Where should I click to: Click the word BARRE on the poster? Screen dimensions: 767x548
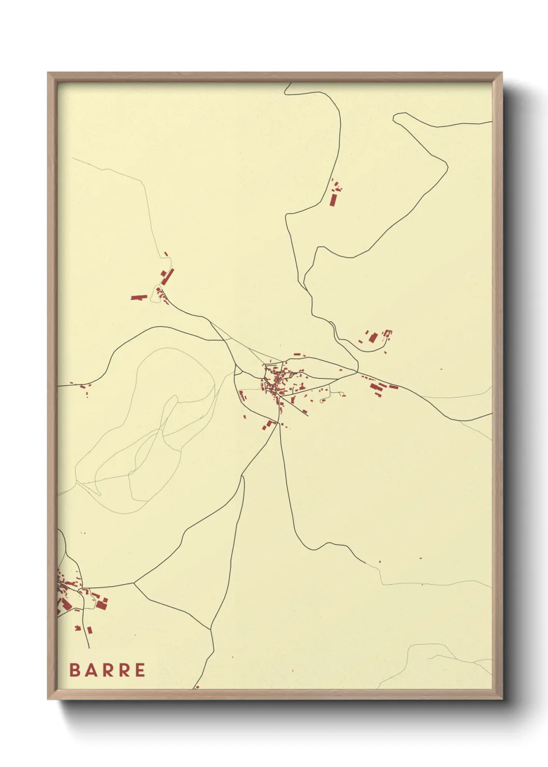pos(107,670)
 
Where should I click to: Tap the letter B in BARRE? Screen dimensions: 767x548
pos(74,670)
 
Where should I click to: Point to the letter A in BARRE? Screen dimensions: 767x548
pos(90,670)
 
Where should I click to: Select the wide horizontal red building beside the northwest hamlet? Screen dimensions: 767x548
pos(138,297)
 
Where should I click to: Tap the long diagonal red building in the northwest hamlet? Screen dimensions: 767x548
pos(167,277)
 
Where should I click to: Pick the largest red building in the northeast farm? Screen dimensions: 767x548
pos(373,338)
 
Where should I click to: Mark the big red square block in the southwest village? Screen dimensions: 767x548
pos(102,603)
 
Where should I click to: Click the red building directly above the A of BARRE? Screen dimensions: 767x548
pos(90,630)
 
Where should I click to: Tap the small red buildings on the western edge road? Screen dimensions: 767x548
pos(83,386)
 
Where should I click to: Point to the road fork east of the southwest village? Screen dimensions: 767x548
pos(134,583)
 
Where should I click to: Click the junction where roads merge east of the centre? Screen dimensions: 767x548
pos(357,371)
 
